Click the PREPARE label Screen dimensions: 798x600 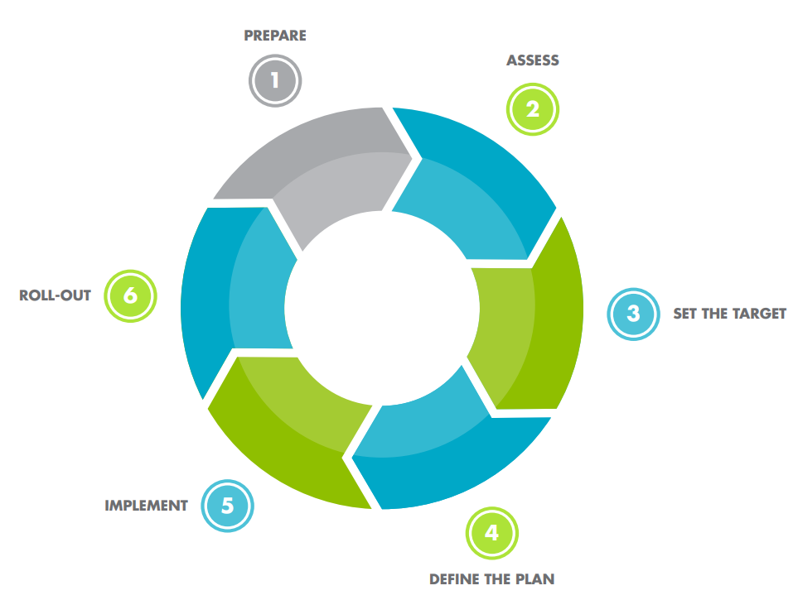tap(275, 36)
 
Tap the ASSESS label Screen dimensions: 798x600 tap(532, 60)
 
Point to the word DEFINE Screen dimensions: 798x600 tap(454, 579)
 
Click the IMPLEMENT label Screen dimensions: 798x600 tap(146, 506)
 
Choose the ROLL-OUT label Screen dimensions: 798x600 tap(55, 295)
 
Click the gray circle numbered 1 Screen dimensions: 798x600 tap(275, 81)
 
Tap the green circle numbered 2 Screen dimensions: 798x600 tap(533, 109)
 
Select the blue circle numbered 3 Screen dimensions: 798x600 tap(634, 314)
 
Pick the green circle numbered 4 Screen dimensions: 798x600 tap(492, 534)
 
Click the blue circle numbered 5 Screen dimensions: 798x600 tap(228, 506)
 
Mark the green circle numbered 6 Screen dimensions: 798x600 tap(130, 296)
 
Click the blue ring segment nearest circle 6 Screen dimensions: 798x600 tap(235, 300)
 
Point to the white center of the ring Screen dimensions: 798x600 tap(382, 308)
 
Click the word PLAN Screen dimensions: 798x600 tap(534, 579)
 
